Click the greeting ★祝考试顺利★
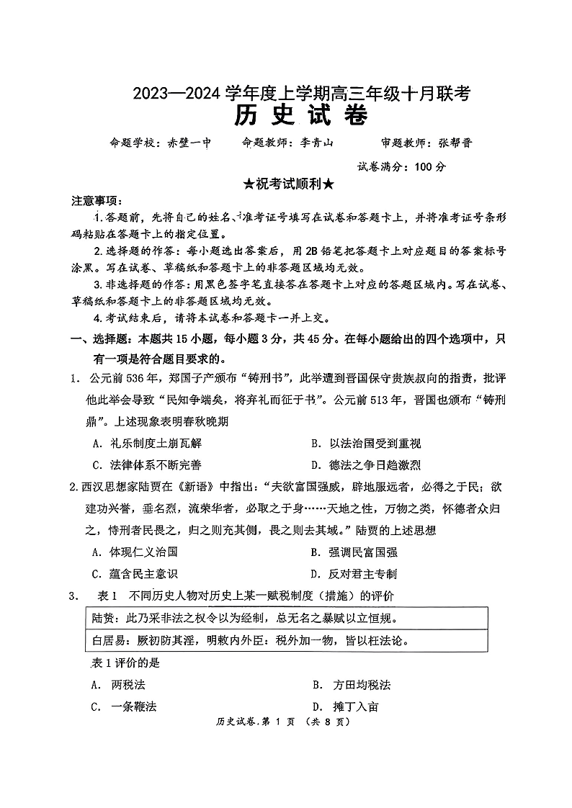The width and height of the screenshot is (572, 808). [288, 184]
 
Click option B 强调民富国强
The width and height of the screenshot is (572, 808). [363, 552]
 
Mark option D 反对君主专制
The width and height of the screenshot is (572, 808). [363, 574]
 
